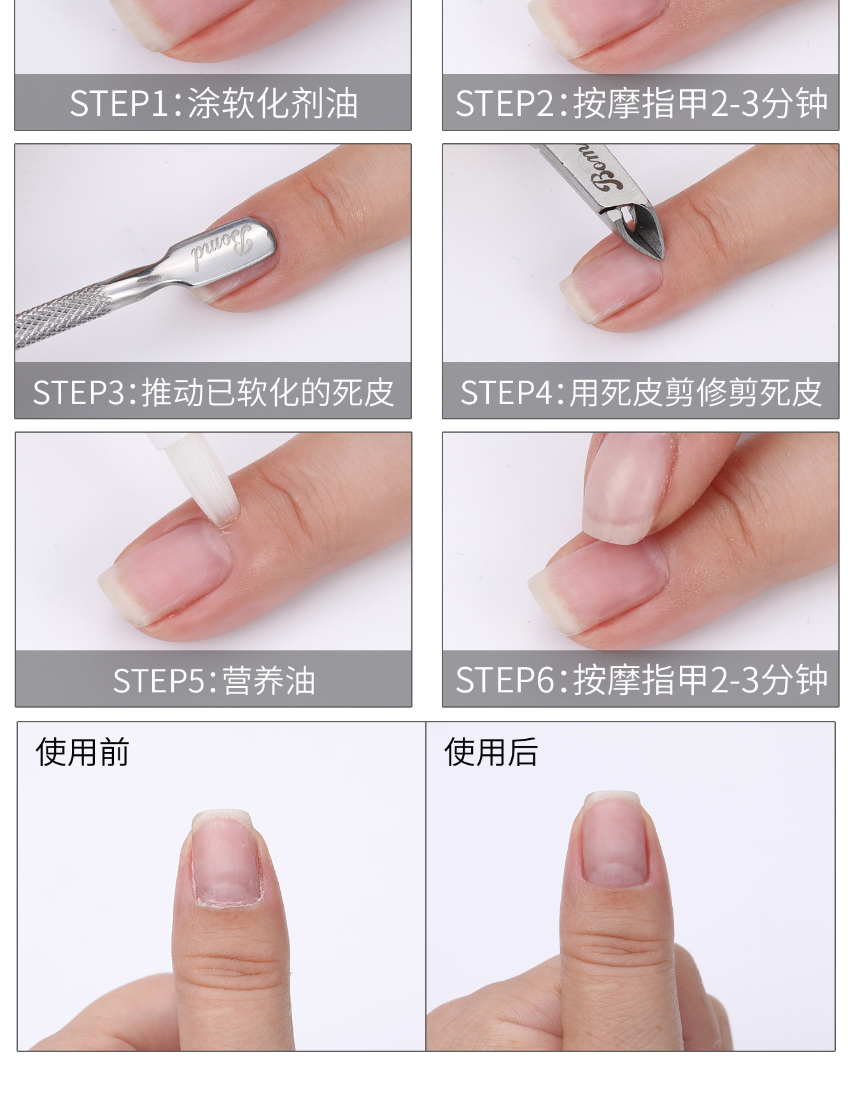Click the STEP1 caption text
[x=213, y=103]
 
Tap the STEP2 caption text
[x=641, y=103]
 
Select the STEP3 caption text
[x=213, y=392]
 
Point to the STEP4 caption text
[x=641, y=392]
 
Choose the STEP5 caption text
[x=214, y=680]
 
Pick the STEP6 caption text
[x=641, y=680]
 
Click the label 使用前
[x=83, y=752]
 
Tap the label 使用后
[x=491, y=752]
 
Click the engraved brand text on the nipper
[x=603, y=167]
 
